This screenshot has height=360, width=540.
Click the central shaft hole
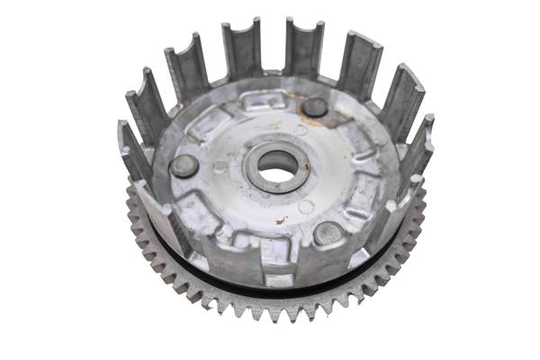[x=276, y=164]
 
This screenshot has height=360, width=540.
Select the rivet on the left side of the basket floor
[x=184, y=166]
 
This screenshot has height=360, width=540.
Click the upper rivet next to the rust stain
[x=314, y=106]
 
